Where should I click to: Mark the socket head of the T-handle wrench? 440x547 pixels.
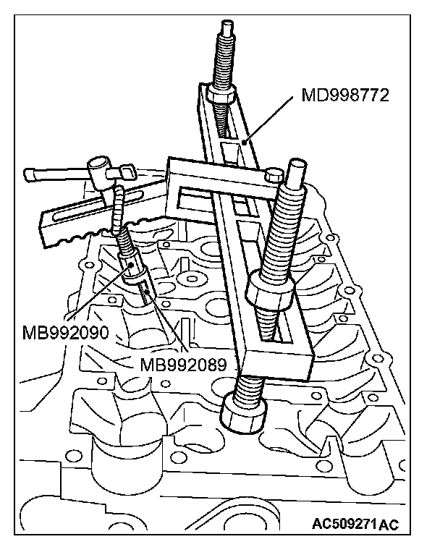pyautogui.click(x=98, y=171)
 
